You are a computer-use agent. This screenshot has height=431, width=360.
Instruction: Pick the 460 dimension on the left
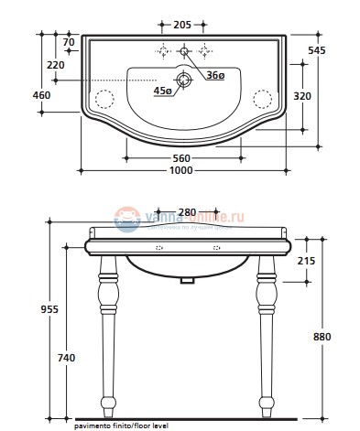[x=43, y=94]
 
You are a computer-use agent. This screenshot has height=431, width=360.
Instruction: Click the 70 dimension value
[x=68, y=41]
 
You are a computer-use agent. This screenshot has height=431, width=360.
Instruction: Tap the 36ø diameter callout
[x=215, y=75]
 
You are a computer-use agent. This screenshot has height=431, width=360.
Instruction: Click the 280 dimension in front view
[x=187, y=213]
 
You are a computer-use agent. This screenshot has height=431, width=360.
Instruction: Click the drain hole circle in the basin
[x=185, y=81]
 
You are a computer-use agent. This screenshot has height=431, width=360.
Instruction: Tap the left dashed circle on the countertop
[x=104, y=97]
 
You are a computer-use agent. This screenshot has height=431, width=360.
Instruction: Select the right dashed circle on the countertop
[x=264, y=97]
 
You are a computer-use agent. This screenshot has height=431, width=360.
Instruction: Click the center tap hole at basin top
[x=184, y=50]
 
